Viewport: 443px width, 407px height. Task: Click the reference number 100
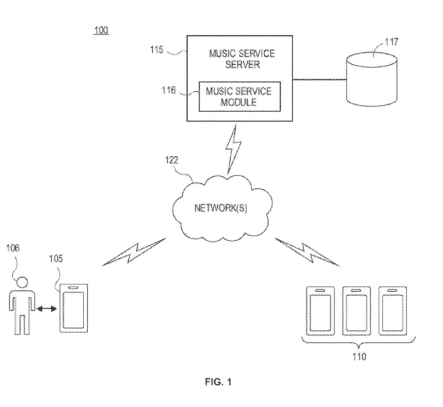(102, 31)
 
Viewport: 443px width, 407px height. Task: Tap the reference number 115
(156, 50)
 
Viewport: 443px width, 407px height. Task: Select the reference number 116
(168, 90)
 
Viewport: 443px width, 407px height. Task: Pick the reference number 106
(13, 248)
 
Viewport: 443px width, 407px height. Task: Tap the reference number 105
(55, 259)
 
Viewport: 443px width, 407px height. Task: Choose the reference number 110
(359, 357)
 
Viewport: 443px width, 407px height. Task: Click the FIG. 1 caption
(218, 382)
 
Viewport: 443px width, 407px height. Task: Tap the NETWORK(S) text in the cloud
(221, 208)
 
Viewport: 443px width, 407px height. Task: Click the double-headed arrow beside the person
(46, 308)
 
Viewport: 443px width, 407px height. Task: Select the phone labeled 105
(74, 308)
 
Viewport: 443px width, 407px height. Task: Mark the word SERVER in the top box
(242, 65)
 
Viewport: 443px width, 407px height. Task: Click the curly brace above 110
(359, 344)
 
